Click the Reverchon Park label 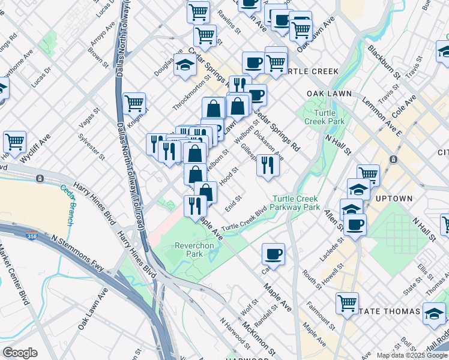pos(190,250)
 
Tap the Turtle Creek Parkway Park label pos(296,203)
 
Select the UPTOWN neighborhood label pos(394,199)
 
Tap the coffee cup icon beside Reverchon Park pos(273,254)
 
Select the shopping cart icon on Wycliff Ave pos(14,142)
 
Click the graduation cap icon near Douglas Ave pos(185,66)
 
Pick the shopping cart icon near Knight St pos(134,103)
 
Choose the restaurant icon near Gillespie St pos(267,166)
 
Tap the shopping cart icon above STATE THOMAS pos(348,303)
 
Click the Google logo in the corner pos(20,353)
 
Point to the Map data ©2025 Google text pos(412,355)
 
